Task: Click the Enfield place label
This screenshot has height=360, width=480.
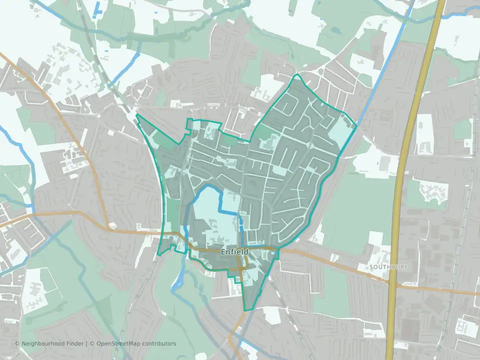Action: pos(234,252)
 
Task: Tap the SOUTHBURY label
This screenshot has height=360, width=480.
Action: pos(388,267)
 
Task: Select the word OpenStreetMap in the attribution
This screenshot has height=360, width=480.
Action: pos(119,343)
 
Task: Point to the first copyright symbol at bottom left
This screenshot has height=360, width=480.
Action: pos(17,343)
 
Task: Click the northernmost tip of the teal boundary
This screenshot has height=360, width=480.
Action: pos(297,74)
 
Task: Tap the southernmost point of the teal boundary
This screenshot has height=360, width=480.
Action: pos(245,310)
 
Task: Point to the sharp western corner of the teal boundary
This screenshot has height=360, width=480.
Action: pos(136,115)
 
